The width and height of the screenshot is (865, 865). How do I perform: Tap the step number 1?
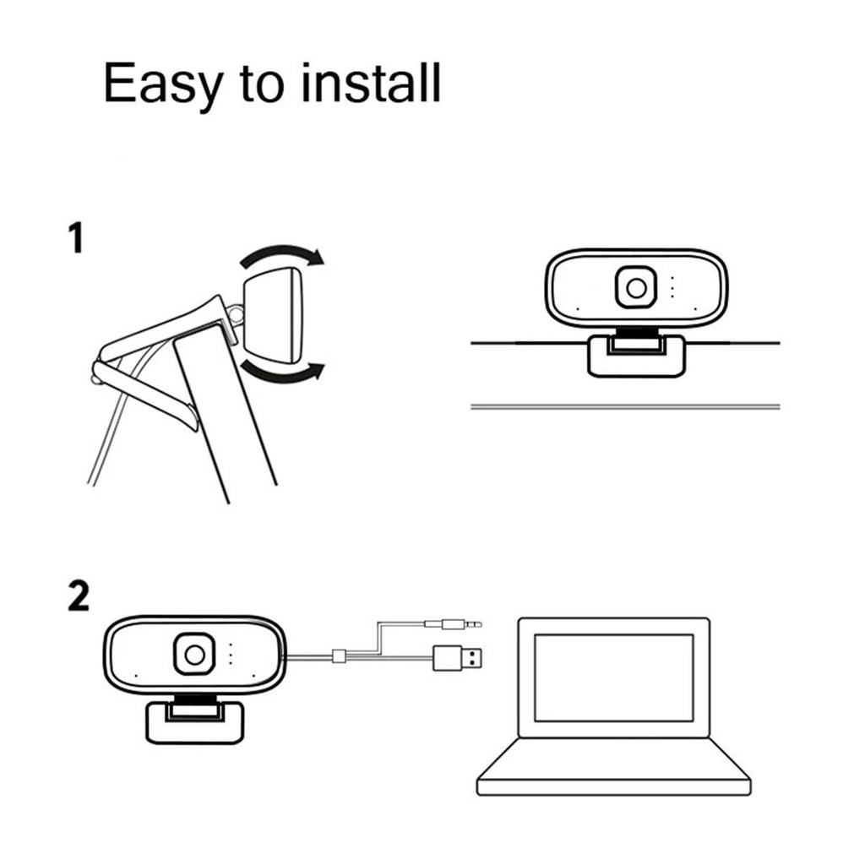(x=76, y=238)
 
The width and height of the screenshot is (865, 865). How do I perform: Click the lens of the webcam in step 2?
(x=193, y=655)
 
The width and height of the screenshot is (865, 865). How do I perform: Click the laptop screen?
(x=613, y=677)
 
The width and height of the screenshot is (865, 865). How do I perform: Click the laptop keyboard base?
(x=613, y=769)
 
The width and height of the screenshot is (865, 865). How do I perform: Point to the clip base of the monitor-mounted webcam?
(x=635, y=355)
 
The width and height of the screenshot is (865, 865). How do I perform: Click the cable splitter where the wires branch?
(x=340, y=656)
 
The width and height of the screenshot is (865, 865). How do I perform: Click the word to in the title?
(x=269, y=84)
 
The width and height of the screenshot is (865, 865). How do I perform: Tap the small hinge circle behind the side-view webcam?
(x=237, y=314)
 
